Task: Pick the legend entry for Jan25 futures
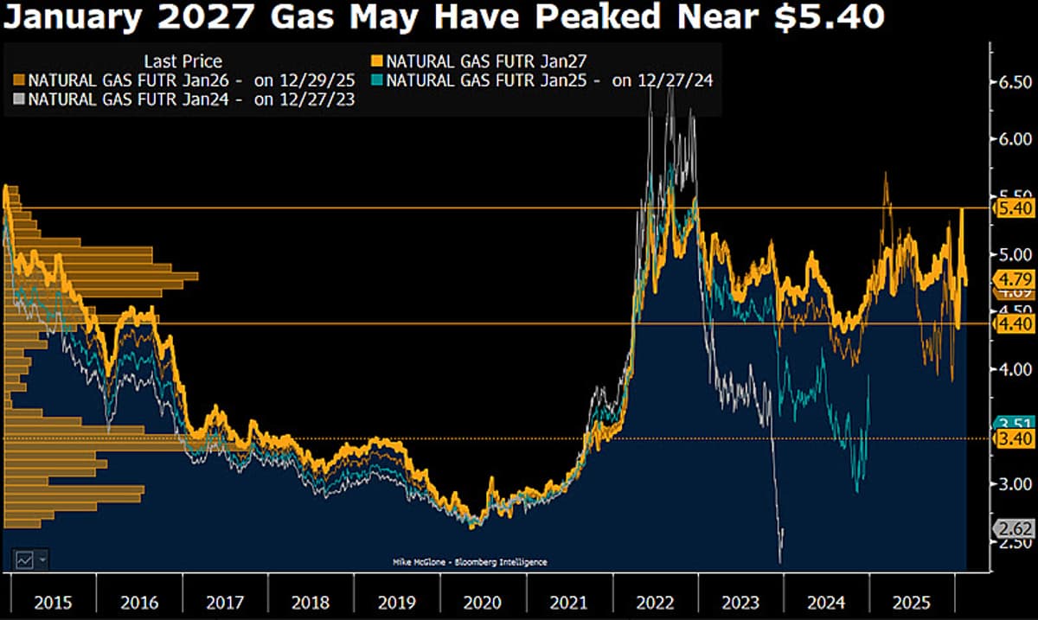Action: pos(549,80)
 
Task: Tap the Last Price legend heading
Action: pos(183,61)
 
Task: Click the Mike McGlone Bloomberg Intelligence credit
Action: pos(470,562)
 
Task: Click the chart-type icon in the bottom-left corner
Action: pos(24,559)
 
